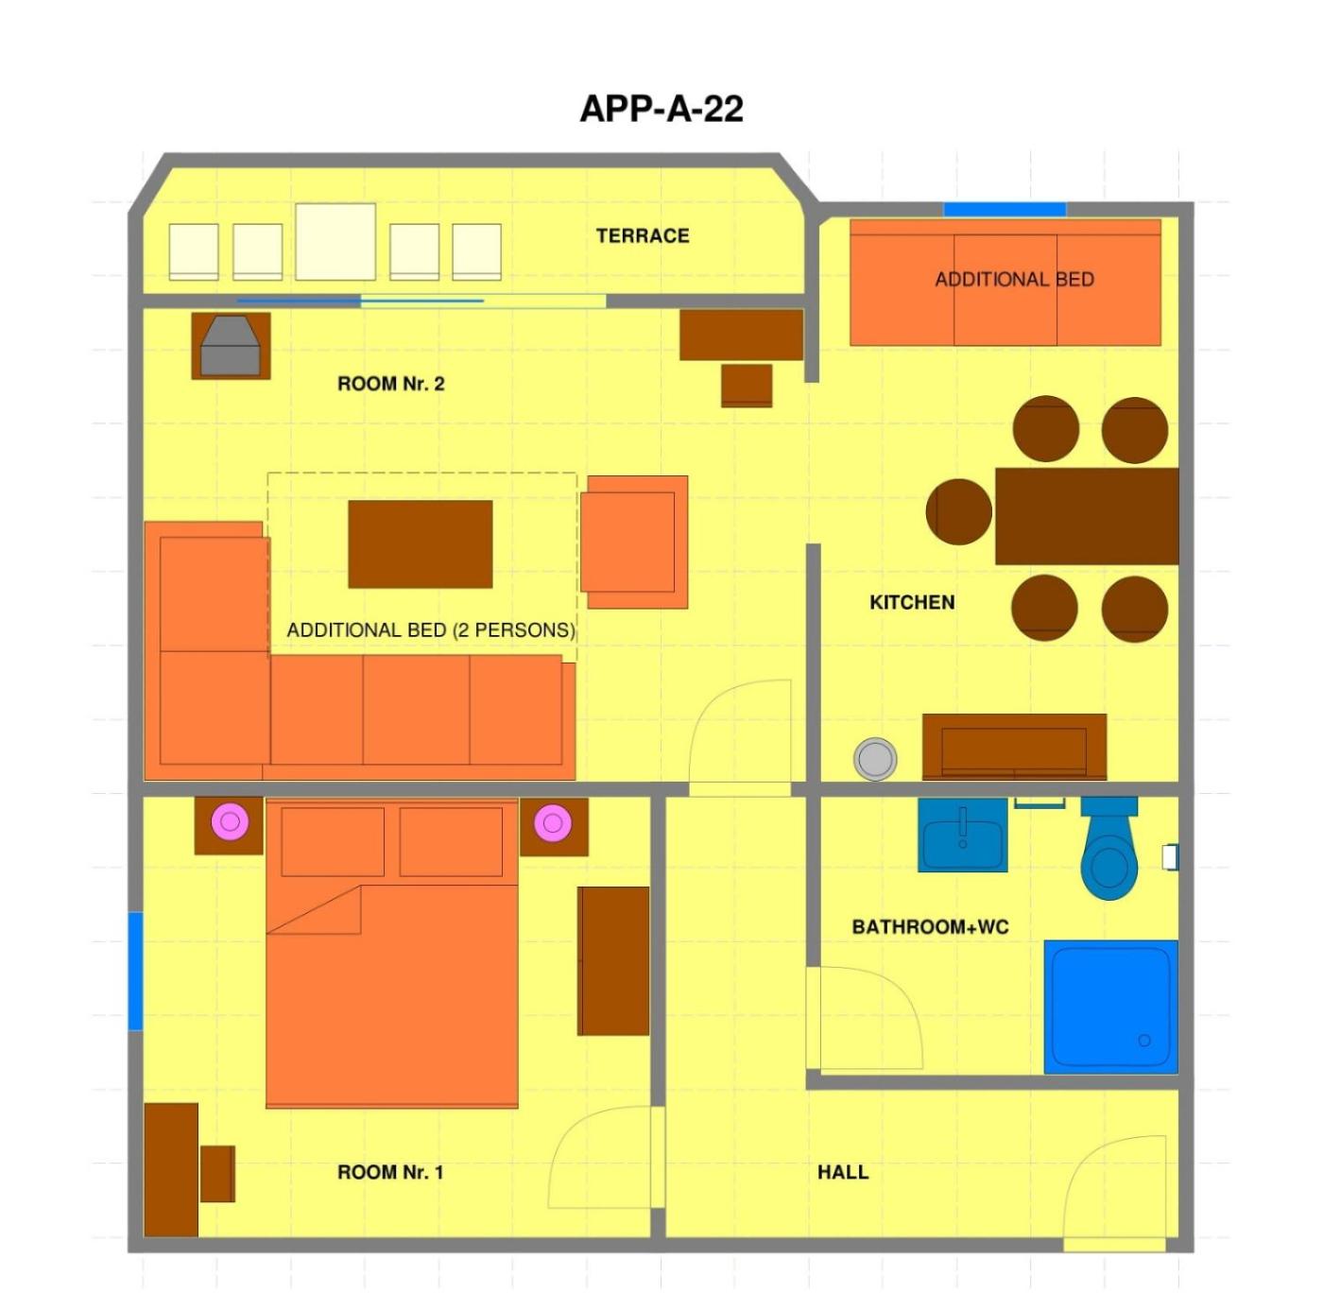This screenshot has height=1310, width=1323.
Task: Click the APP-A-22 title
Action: point(661,110)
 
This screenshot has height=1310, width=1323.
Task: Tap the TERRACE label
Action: point(643,235)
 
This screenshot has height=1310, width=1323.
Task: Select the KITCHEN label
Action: point(912,602)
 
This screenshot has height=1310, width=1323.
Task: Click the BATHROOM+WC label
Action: point(930,927)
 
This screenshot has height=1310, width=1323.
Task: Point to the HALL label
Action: point(842,1172)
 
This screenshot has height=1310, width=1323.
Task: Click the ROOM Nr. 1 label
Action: point(390,1172)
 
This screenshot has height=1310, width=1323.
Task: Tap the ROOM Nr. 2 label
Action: point(390,384)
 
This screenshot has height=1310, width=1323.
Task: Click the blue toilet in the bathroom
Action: point(1108,849)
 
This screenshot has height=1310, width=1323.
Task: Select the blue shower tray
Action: point(1111,1007)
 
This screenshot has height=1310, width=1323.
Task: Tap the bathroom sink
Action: point(963,835)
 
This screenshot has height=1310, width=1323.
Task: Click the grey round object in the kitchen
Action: point(875,759)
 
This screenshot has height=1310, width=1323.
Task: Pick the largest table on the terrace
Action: point(335,242)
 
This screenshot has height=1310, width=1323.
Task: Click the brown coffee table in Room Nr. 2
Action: point(421,544)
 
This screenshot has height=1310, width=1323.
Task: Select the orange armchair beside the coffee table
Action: point(634,542)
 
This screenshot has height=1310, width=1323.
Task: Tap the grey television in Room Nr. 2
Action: point(230,346)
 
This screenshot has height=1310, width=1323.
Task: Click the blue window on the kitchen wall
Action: point(1005,210)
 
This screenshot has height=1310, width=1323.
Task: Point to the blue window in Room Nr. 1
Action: point(135,971)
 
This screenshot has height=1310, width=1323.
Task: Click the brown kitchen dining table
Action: point(1087,517)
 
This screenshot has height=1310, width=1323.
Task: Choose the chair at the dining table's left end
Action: point(959,511)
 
